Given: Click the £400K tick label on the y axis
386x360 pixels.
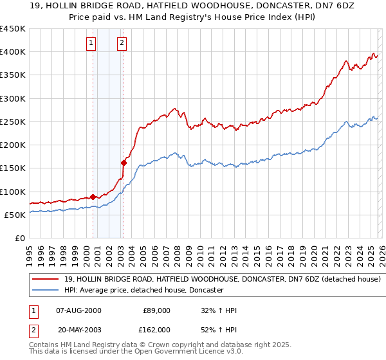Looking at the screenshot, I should coord(13,52).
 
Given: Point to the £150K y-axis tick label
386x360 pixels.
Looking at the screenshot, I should coord(13,168).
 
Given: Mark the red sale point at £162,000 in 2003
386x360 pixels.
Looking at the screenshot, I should coord(124,163).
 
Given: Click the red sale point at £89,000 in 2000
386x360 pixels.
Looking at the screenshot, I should coord(93,197).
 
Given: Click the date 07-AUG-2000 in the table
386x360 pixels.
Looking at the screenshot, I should coord(78,310).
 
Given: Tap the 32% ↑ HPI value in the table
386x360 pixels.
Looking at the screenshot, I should coord(219,310).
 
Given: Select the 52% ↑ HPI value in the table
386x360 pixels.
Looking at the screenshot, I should coord(219,329).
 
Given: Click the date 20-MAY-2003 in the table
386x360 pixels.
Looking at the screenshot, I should coord(78,329).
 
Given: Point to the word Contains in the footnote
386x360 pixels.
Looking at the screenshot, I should coord(44,345).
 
